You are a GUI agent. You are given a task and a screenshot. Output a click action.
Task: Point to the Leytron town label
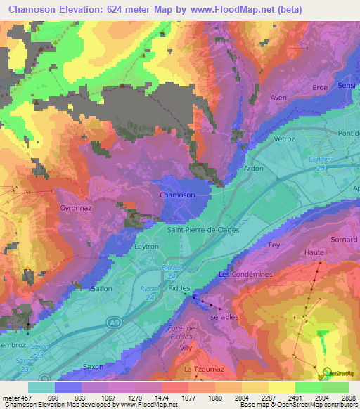pos(147,247)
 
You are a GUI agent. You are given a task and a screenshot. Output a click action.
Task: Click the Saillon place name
pos(102,288)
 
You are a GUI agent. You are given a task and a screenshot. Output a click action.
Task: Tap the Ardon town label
pos(254,169)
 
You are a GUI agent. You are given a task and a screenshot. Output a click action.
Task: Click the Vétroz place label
pos(284,139)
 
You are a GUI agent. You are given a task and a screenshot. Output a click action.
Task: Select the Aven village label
pos(279,98)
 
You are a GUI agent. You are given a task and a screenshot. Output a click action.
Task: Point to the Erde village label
pos(321,87)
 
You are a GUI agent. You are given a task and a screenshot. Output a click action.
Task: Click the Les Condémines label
pos(245,274)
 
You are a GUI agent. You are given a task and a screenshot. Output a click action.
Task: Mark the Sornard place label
pos(343,240)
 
